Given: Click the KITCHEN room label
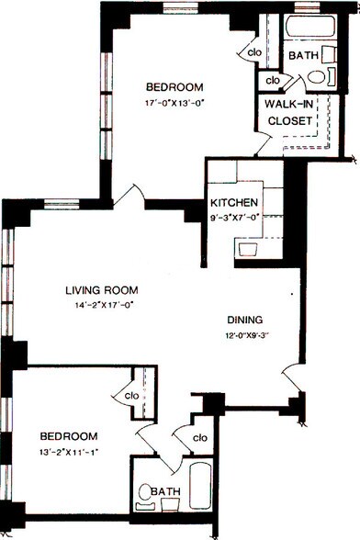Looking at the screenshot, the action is point(234,202).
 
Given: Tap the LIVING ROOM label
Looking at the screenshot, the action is point(102,290).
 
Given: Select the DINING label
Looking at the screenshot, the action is point(245,320).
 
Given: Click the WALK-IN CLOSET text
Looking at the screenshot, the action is point(290,112).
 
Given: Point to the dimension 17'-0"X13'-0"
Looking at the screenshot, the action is point(175,103).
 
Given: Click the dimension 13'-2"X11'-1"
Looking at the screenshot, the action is point(69,452).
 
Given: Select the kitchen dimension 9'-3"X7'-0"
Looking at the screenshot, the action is point(234,218).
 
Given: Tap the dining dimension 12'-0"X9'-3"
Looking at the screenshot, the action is point(245,335).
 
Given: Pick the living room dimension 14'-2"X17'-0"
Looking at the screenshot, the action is point(104,305).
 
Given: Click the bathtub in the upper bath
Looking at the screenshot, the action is point(310,27).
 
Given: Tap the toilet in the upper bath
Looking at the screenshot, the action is point(316,76).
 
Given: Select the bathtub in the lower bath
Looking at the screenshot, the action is point(201,486).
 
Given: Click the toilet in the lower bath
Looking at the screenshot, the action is point(145,497).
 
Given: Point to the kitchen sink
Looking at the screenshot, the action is point(248,250).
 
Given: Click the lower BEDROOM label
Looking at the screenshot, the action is point(69,436).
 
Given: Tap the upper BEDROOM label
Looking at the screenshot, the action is point(174,86).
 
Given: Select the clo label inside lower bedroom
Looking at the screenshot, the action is point(132,396).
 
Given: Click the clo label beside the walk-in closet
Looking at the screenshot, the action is point(273,80).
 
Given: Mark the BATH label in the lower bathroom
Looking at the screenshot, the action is point(166,491).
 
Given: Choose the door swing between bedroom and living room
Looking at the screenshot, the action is point(129,197).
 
